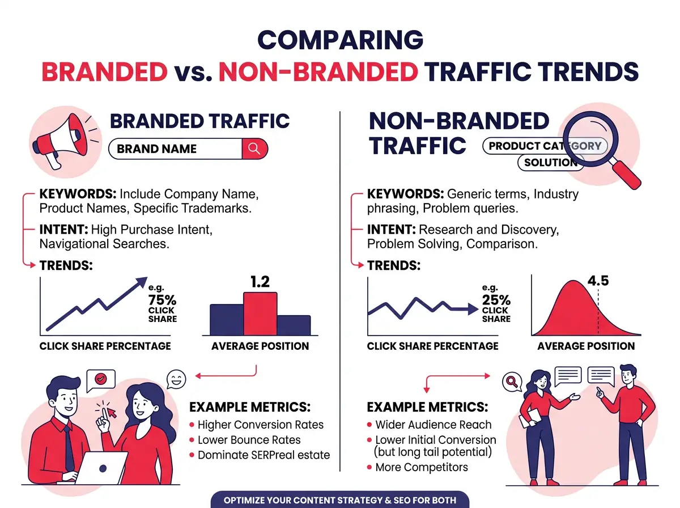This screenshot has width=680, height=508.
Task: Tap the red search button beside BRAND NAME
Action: click(x=254, y=149)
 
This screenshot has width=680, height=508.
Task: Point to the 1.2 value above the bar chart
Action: click(x=260, y=282)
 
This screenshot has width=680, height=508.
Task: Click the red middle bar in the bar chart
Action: click(x=260, y=314)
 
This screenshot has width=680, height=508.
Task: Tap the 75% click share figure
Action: click(x=162, y=300)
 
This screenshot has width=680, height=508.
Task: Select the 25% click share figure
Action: click(x=496, y=300)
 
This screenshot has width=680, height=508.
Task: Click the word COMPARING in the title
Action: click(x=340, y=40)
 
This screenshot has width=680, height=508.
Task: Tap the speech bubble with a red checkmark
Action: click(x=100, y=380)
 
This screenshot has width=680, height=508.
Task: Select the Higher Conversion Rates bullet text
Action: click(x=261, y=425)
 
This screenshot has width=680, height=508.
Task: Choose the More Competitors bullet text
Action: click(x=422, y=468)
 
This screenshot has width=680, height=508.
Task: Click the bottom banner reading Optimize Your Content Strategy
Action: click(x=340, y=500)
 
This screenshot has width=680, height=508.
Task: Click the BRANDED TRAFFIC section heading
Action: click(x=199, y=121)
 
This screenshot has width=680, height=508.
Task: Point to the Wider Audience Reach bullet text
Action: click(x=433, y=425)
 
